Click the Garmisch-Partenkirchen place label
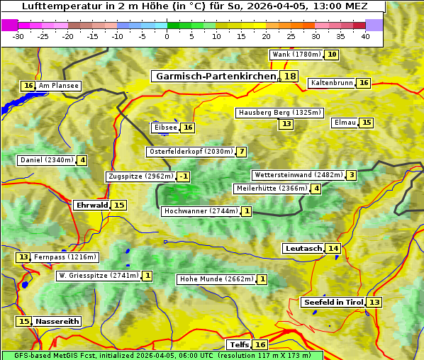click(216, 77)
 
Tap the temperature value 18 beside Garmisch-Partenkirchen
click(290, 77)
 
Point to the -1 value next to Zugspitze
click(184, 176)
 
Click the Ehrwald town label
click(92, 206)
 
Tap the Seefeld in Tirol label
click(333, 303)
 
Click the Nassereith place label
click(57, 321)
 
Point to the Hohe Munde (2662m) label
click(216, 279)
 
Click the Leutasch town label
click(303, 249)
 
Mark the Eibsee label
click(165, 128)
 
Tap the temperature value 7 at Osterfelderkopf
click(242, 152)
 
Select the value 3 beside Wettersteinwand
click(351, 175)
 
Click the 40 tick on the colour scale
click(365, 37)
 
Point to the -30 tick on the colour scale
click(18, 37)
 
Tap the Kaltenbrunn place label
click(332, 83)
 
